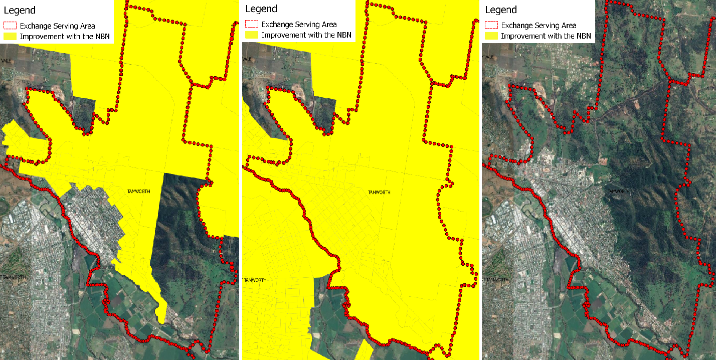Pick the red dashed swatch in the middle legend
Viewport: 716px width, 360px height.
tap(252, 24)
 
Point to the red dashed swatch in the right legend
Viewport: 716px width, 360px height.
tap(491, 25)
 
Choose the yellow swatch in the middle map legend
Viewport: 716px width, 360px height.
tap(252, 35)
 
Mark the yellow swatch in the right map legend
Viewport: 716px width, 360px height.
tap(491, 36)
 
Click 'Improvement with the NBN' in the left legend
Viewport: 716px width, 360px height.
tap(64, 37)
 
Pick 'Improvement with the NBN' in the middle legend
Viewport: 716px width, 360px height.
tap(306, 35)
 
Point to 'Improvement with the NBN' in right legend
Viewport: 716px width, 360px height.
tap(546, 36)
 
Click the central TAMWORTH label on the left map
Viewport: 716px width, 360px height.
tap(138, 191)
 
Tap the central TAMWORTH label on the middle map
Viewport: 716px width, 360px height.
tap(380, 193)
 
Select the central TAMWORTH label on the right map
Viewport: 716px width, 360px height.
tap(619, 192)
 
